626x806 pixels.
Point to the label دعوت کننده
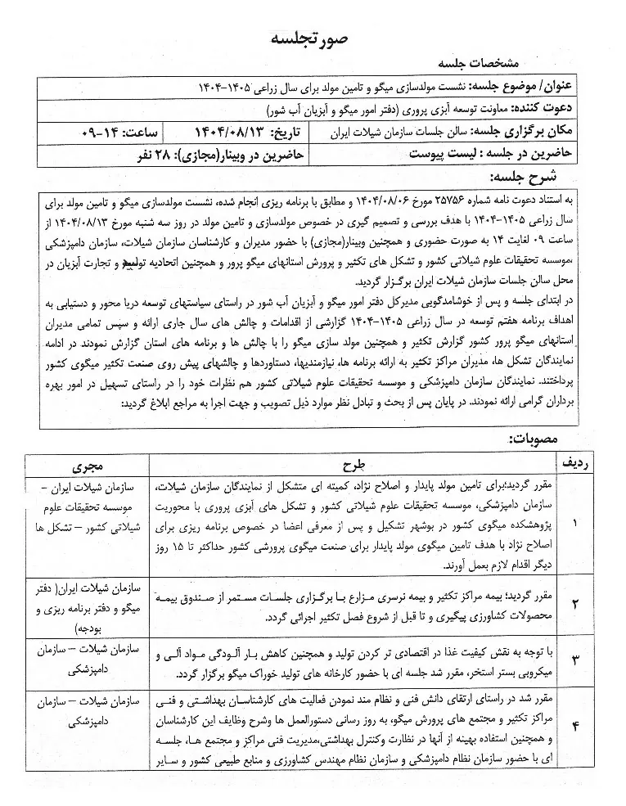(x=553, y=109)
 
